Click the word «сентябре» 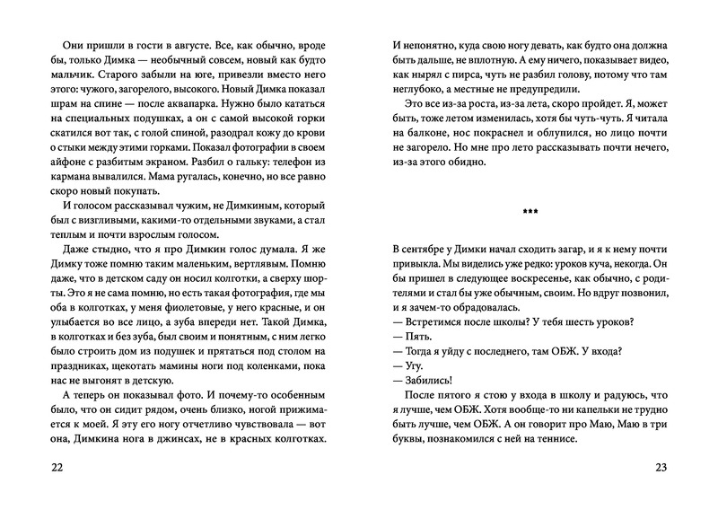[x=425, y=251]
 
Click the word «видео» [x=631, y=63]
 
